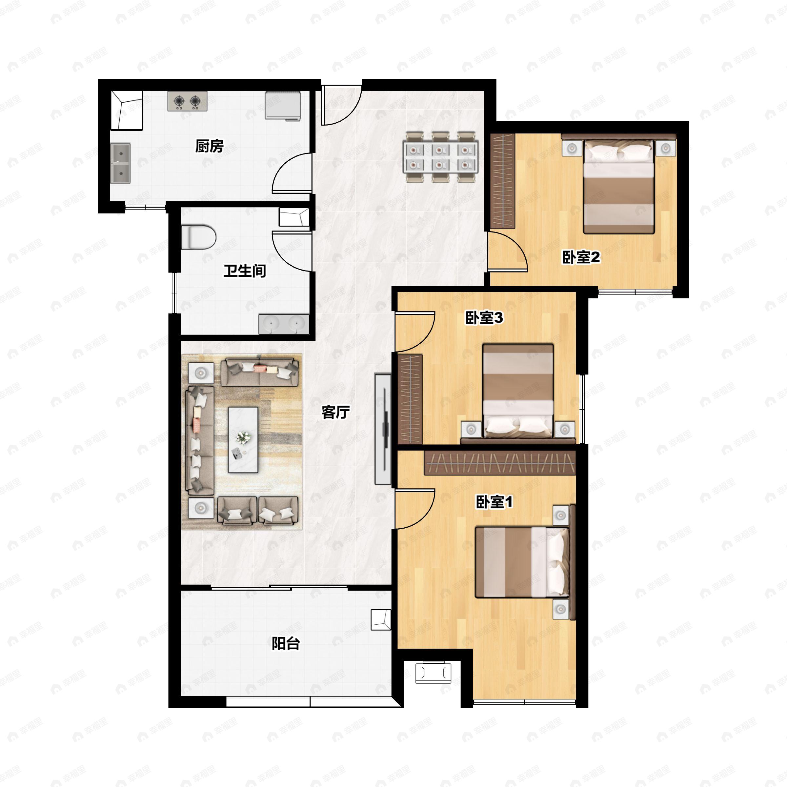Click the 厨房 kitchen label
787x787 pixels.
pos(210,146)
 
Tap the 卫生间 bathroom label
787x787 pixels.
pos(245,271)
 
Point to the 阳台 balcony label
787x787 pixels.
pos(286,644)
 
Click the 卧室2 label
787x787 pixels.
pos(581,257)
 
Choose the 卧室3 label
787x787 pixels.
pos(484,318)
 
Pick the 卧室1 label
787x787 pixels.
pos(494,502)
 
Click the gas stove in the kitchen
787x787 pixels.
pos(187,101)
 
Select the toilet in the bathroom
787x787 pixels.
pos(198,237)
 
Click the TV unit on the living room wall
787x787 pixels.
pos(383,429)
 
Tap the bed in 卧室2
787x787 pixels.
pos(619,187)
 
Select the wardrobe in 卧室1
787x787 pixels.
pos(500,462)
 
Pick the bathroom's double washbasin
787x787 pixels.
pos(284,324)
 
